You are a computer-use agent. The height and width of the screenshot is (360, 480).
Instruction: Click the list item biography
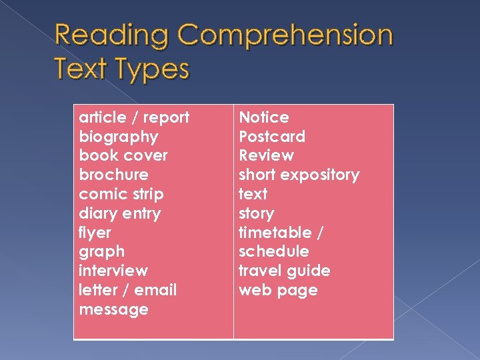(119, 137)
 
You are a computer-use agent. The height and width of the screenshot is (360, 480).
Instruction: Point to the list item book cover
(123, 155)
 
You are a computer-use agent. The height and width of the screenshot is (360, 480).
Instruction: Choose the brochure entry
(113, 175)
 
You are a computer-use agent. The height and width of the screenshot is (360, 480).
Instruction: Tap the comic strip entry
(121, 194)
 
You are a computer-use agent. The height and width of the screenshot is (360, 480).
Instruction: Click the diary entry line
(119, 213)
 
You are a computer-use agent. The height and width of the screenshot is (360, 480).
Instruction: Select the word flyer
(95, 233)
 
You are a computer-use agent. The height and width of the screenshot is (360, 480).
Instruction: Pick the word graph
(101, 252)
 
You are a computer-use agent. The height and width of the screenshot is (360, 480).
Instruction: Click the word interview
(113, 271)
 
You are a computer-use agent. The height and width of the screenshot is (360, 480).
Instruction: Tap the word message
(113, 309)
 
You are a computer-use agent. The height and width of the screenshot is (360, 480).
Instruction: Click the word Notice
(264, 117)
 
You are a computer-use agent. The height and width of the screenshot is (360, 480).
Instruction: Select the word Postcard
(272, 137)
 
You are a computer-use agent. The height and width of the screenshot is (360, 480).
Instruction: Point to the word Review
(266, 155)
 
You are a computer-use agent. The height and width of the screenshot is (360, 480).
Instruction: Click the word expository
(319, 175)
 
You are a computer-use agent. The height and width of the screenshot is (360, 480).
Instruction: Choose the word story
(257, 213)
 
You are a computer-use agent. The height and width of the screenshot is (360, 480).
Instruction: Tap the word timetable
(275, 233)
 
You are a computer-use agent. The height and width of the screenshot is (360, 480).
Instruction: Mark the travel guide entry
(285, 271)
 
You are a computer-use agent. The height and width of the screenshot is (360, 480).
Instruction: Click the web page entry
(278, 290)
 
